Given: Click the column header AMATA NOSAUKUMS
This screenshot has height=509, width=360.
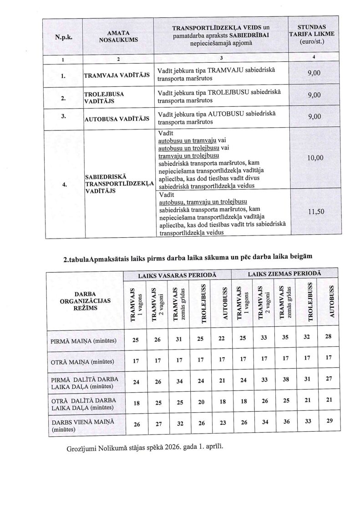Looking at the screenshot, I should [x=118, y=36].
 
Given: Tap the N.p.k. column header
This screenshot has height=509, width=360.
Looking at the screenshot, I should [x=63, y=36].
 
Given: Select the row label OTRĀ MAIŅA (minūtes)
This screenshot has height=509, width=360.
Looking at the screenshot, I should [x=82, y=362].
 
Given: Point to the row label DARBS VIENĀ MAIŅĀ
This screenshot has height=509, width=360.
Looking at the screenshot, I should [x=82, y=424].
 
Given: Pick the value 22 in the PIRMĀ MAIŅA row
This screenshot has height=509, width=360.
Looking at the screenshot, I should [x=221, y=339].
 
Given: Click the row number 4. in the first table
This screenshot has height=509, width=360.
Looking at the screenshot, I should [x=64, y=185].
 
